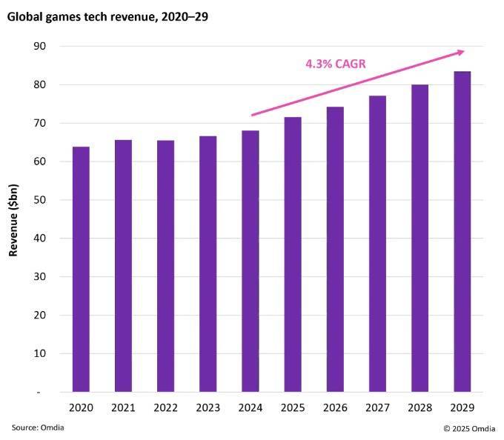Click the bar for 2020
(81, 270)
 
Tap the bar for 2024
(250, 261)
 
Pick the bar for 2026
(335, 250)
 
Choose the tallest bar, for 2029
(462, 232)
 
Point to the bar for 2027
(377, 244)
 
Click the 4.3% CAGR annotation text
(336, 64)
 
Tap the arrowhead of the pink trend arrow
(460, 51)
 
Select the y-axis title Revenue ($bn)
(14, 219)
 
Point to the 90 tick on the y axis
(40, 46)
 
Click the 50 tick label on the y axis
(40, 200)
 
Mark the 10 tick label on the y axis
(40, 353)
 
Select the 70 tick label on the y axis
(40, 123)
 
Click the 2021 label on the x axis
(123, 408)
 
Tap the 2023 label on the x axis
(208, 408)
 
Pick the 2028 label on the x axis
(420, 408)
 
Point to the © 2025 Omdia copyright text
(469, 428)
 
